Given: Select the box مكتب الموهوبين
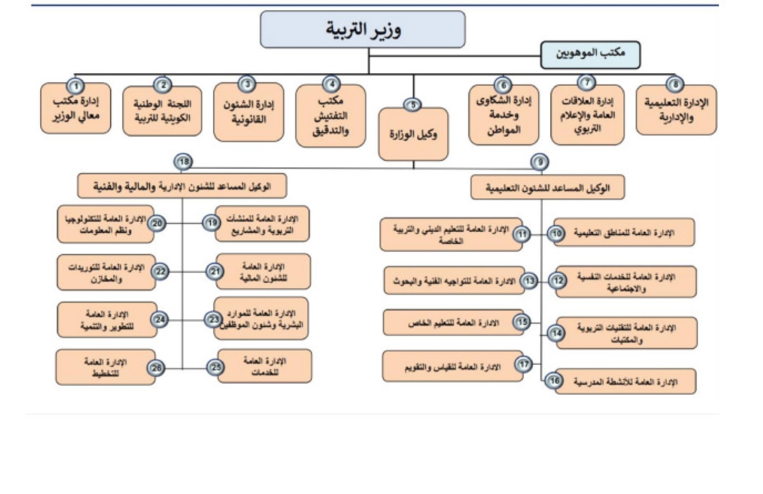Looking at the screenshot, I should pos(590,55).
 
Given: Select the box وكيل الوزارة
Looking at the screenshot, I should pos(414,134).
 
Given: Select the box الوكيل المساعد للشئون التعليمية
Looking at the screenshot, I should pos(547,188).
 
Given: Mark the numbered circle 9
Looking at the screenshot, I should pos(540,163).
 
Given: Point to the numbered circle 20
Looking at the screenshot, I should pos(158,223).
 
